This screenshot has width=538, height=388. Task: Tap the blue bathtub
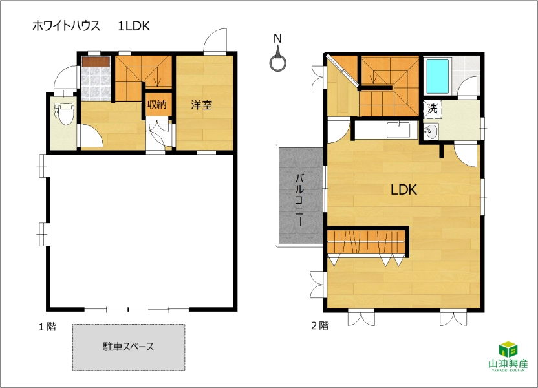pos(438,77)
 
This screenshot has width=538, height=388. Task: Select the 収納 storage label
pos(156,104)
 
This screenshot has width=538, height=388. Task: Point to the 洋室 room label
pos(201,105)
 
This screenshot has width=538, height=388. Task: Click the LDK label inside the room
pos(404,189)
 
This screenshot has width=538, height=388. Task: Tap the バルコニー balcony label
pos(300,200)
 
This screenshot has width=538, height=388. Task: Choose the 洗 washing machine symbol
pos(433,109)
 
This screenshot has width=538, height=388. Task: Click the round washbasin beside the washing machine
pos(431,132)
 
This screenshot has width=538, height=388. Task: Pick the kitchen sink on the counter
pos(398,130)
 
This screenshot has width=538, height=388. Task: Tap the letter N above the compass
pos(277,39)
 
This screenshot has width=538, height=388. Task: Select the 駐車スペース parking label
pos(128,347)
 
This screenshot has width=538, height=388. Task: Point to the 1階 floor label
pos(47,327)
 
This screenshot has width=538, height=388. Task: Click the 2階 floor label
pos(320,325)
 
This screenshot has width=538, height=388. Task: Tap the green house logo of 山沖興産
pos(508,349)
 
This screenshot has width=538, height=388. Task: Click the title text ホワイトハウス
pos(66,26)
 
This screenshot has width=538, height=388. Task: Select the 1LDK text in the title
pos(134,26)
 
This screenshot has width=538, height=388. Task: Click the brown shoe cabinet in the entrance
pos(96,61)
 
